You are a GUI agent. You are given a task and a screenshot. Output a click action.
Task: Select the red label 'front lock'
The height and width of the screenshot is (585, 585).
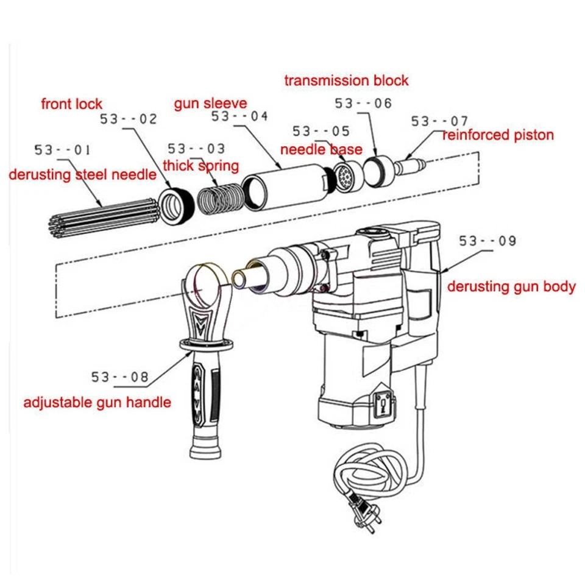(x=71, y=104)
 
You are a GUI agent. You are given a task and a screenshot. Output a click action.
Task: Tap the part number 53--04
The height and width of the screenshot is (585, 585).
(x=239, y=117)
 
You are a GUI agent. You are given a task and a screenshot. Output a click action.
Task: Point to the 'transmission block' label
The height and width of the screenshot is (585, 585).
(x=347, y=80)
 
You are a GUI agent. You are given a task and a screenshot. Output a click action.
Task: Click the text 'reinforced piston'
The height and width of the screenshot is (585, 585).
(x=498, y=135)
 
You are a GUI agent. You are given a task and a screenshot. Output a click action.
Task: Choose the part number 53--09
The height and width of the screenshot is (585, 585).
(x=487, y=241)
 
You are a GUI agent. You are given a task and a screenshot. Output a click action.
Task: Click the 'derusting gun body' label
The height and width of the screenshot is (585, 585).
(x=511, y=286)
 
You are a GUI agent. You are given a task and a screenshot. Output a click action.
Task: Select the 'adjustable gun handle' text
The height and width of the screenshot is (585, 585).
(x=97, y=402)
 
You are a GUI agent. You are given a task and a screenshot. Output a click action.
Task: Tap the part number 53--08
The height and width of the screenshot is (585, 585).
(x=120, y=377)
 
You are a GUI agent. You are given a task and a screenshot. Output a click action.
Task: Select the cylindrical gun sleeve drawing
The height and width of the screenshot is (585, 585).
(x=285, y=185)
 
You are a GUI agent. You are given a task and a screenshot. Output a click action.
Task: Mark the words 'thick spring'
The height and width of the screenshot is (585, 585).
(x=200, y=166)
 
